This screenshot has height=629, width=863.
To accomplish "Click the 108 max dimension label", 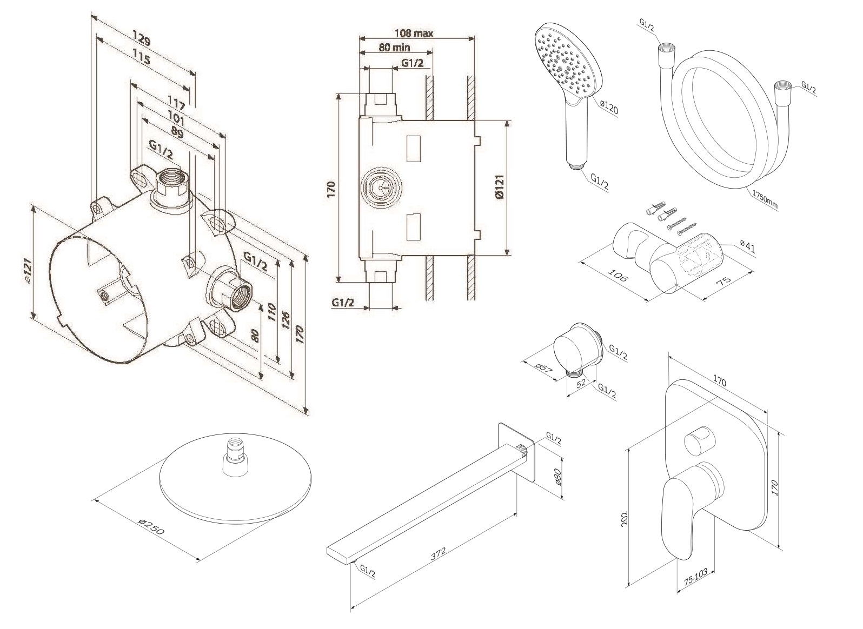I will click(414, 34).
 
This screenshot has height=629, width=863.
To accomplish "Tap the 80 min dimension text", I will click(394, 48).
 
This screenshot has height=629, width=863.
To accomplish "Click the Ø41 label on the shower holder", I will click(748, 248).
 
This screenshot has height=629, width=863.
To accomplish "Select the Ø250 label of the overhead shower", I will click(151, 526).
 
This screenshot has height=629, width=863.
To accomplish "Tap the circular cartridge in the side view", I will click(381, 188).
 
